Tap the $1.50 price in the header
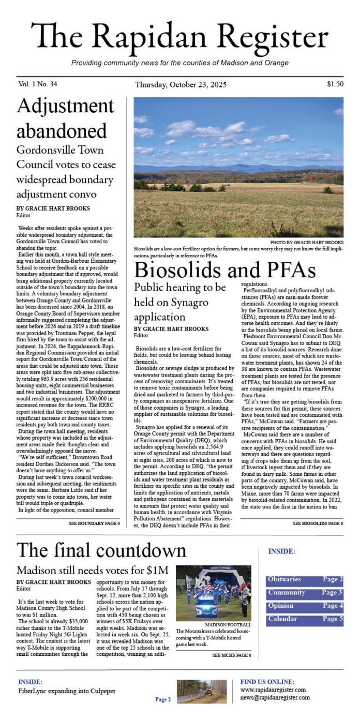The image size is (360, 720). pos(335,84)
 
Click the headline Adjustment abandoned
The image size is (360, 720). pos(66,118)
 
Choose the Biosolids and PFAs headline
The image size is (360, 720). pos(224,271)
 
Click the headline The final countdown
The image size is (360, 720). pos(101,549)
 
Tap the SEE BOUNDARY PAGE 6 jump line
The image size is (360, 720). pos(94,523)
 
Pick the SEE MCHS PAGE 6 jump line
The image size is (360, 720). pos(232,656)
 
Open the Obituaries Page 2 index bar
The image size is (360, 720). pos(305,580)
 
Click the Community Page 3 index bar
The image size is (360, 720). pos(305,593)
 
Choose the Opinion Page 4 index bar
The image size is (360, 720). pos(305,606)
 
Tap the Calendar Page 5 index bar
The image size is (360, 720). pos(305,619)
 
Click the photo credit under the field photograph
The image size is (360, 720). pos(306,242)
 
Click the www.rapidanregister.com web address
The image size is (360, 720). pos(273,689)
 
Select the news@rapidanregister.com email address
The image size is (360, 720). pos(275,697)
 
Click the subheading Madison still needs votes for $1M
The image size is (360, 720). pos(93,571)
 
